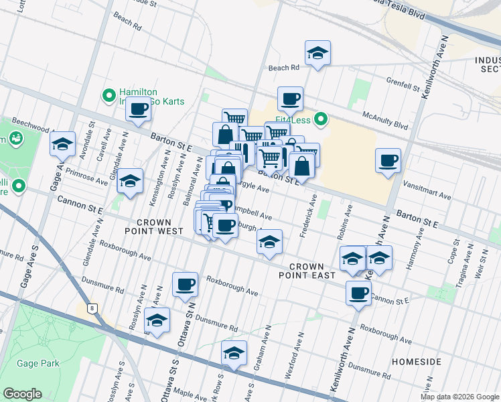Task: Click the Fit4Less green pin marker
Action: (x=321, y=121)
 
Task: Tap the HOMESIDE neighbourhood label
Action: (x=417, y=362)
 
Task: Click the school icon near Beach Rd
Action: (x=317, y=54)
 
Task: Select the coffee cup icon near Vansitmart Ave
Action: (x=388, y=161)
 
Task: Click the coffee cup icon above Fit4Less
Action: (x=290, y=99)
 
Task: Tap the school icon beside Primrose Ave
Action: (x=130, y=181)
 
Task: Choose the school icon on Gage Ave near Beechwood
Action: (x=62, y=143)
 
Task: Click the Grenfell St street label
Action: (x=402, y=82)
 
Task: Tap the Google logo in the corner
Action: (x=23, y=393)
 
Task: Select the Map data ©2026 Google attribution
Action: (x=459, y=397)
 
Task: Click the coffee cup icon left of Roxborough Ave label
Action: (x=186, y=284)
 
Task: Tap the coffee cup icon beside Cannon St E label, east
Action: (x=359, y=293)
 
